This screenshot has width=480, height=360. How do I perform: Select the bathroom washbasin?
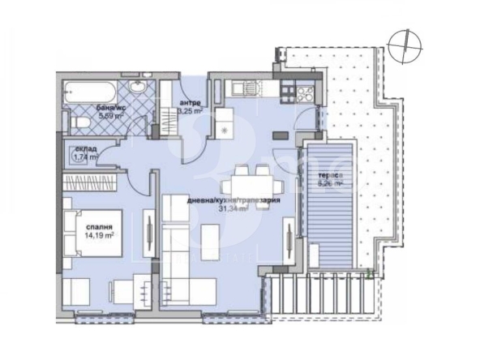pos(136,88)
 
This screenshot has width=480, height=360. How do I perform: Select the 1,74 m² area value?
pos(84,157)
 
